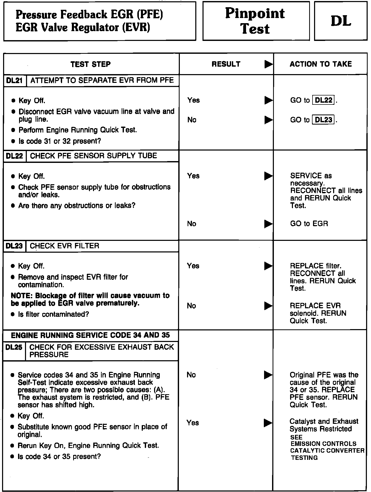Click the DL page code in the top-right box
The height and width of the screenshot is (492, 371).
tap(341, 21)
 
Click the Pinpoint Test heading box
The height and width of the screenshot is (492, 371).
tap(256, 21)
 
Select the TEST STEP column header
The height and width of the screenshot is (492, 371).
tap(90, 64)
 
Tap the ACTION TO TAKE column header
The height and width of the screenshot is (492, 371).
tap(321, 64)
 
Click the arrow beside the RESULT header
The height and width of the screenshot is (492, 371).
tap(268, 64)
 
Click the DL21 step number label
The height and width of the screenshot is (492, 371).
tap(15, 81)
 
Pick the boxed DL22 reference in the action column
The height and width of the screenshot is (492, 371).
tap(324, 100)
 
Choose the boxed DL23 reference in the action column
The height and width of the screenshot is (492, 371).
tap(324, 120)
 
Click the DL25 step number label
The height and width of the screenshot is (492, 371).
tap(14, 347)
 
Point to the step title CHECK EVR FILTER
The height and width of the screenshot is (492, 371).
tap(64, 246)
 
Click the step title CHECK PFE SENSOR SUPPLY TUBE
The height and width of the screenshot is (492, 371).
tap(93, 156)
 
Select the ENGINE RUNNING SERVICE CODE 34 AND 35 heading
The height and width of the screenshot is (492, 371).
tap(90, 335)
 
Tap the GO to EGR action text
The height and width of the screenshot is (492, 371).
tap(309, 224)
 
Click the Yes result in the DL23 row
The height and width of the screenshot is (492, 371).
tap(193, 266)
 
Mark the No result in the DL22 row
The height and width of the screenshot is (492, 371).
tap(192, 224)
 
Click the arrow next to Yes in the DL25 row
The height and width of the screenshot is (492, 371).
tap(268, 423)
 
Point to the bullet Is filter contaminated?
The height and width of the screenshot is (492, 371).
tap(53, 314)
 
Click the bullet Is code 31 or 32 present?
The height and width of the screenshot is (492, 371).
tap(60, 141)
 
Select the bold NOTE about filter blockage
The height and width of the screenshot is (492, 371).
tap(90, 299)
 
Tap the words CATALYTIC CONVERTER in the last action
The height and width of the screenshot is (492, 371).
tap(327, 451)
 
